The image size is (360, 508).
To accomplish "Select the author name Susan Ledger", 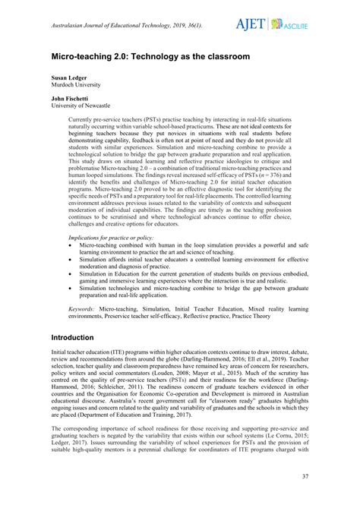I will click(71, 77).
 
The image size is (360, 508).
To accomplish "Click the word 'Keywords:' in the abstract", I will click(84, 310).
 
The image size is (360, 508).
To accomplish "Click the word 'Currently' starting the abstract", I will click(82, 120).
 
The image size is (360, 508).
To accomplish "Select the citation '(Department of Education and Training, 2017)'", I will click(144, 415).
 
